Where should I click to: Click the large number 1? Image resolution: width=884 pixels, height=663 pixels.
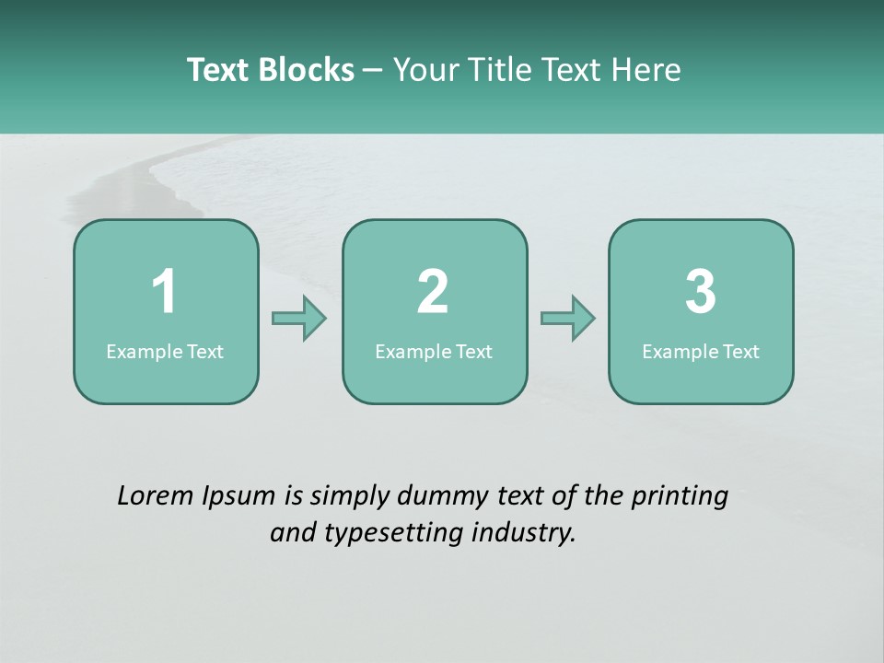point(164,292)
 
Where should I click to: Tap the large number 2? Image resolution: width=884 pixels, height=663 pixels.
point(433,292)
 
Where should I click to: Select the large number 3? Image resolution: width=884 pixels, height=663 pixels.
point(701,292)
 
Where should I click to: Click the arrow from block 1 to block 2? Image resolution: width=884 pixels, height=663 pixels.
point(299,319)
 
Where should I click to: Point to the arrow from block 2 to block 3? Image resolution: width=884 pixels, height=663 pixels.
point(567,319)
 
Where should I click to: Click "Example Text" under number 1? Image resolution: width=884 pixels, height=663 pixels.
point(165,352)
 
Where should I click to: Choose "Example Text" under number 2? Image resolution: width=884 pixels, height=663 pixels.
point(434,352)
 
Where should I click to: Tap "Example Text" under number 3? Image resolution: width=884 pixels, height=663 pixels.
point(701,352)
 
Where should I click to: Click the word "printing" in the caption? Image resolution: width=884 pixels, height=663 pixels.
point(679,497)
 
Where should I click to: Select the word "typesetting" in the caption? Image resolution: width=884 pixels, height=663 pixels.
point(387,533)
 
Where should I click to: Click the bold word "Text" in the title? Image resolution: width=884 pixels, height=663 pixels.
point(219,70)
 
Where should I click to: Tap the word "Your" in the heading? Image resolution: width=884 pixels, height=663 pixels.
point(425,70)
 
